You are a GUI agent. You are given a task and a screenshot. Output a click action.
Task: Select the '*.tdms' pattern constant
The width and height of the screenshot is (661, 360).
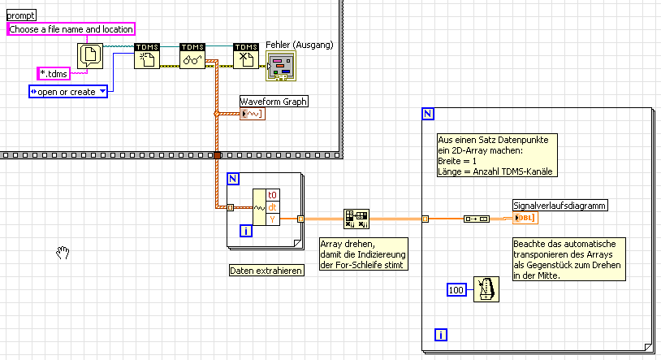click(x=54, y=74)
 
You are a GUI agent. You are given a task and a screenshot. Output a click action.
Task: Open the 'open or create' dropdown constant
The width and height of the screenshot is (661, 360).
click(x=68, y=92)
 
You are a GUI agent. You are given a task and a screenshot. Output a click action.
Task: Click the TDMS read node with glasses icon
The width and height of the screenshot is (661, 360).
click(x=192, y=58)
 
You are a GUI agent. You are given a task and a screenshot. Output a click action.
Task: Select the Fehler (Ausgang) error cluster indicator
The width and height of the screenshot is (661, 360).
click(x=282, y=67)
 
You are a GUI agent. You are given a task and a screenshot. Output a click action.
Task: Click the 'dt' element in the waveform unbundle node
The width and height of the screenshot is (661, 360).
click(x=272, y=207)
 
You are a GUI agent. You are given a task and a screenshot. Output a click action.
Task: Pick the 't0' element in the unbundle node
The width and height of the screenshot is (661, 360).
click(x=272, y=195)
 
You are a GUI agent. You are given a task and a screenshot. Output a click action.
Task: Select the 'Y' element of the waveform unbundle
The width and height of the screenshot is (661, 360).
click(x=272, y=219)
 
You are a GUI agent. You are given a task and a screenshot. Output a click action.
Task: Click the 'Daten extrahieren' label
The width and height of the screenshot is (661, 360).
click(x=266, y=271)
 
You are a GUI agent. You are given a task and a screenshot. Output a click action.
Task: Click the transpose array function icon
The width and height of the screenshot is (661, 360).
click(x=356, y=218)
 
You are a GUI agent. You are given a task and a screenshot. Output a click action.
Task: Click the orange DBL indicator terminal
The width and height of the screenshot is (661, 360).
click(x=525, y=218)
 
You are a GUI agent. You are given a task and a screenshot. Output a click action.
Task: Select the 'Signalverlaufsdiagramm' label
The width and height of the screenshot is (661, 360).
click(x=559, y=205)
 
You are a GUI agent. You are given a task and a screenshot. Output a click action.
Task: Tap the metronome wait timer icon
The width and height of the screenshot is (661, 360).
click(x=485, y=289)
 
